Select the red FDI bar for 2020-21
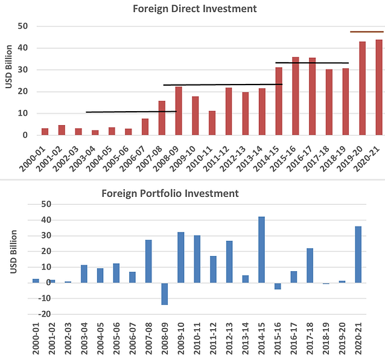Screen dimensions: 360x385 378,88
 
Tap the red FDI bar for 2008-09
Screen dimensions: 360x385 179,111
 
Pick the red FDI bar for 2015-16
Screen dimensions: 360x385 296,97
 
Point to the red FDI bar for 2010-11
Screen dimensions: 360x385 212,123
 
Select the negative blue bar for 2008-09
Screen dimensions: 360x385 165,294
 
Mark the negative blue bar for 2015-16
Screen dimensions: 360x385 278,286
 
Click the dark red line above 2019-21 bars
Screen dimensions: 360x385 366,31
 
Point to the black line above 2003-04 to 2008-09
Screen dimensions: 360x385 131,112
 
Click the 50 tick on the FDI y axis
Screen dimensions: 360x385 23,27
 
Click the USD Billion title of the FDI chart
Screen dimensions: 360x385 8,80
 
